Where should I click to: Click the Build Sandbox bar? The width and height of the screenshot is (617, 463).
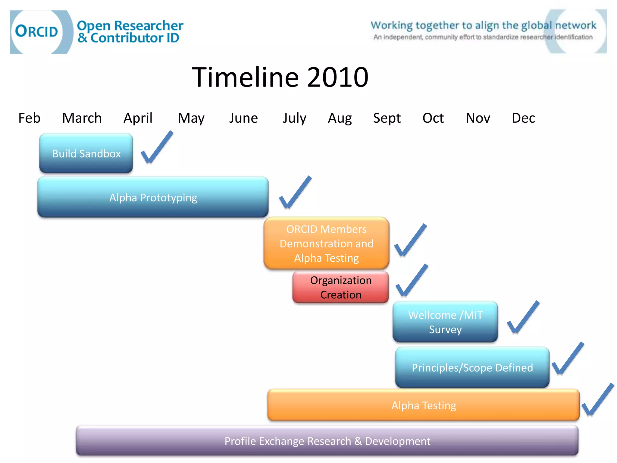pyautogui.click(x=86, y=153)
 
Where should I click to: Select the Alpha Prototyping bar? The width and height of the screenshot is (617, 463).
pyautogui.click(x=153, y=197)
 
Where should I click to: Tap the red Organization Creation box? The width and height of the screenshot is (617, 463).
pyautogui.click(x=340, y=287)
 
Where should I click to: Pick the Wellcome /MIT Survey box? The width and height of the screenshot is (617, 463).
pyautogui.click(x=445, y=322)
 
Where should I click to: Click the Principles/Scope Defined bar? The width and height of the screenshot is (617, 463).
pyautogui.click(x=472, y=367)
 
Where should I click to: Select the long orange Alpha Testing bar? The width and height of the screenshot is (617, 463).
pyautogui.click(x=423, y=405)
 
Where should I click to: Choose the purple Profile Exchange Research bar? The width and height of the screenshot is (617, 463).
pyautogui.click(x=327, y=441)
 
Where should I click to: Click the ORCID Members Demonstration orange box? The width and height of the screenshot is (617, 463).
pyautogui.click(x=326, y=243)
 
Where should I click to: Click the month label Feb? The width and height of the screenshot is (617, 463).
pyautogui.click(x=29, y=118)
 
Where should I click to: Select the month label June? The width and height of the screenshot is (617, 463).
pyautogui.click(x=243, y=118)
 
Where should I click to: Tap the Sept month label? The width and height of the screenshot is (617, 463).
pyautogui.click(x=387, y=118)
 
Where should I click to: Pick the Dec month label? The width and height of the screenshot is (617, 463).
pyautogui.click(x=523, y=118)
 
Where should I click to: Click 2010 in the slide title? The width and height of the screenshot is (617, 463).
pyautogui.click(x=337, y=77)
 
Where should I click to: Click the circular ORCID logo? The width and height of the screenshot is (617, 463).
pyautogui.click(x=37, y=32)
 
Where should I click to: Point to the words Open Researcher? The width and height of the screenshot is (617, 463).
pyautogui.click(x=130, y=26)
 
